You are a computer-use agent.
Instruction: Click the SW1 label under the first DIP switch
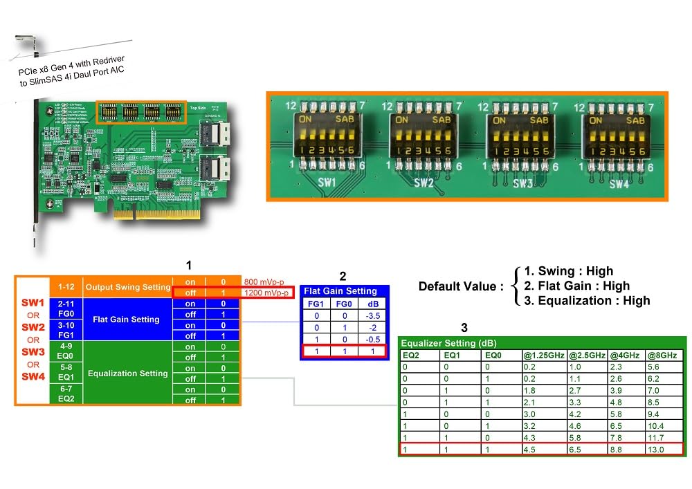tap(327, 183)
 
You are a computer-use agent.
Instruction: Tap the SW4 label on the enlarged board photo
tap(619, 184)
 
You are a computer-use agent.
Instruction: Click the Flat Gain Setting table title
tap(340, 291)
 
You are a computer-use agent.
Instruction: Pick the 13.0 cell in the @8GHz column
tap(662, 449)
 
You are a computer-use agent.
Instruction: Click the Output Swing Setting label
tap(127, 287)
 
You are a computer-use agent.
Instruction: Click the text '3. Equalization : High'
tap(587, 300)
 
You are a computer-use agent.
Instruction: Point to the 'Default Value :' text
tap(460, 286)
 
